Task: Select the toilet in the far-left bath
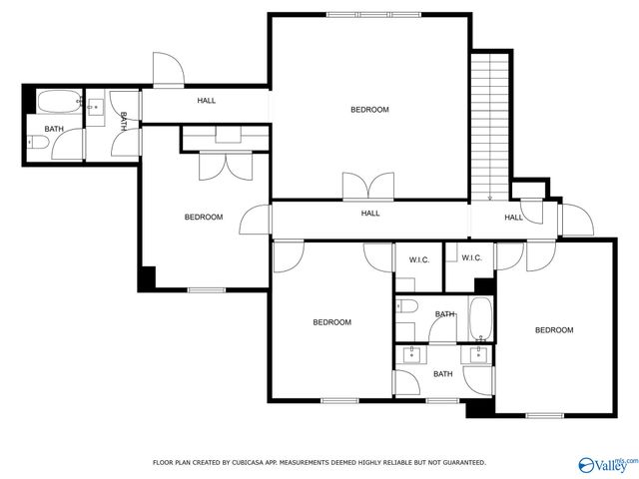pos(36,144)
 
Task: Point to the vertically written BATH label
pos(123,121)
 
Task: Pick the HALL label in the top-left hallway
pos(206,101)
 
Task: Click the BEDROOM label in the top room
pos(368,110)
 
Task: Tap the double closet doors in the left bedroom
pos(219,166)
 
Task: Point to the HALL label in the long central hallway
pos(369,213)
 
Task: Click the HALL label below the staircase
pos(513,218)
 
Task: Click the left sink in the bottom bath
pos(409,353)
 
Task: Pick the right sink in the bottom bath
pos(476,353)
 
